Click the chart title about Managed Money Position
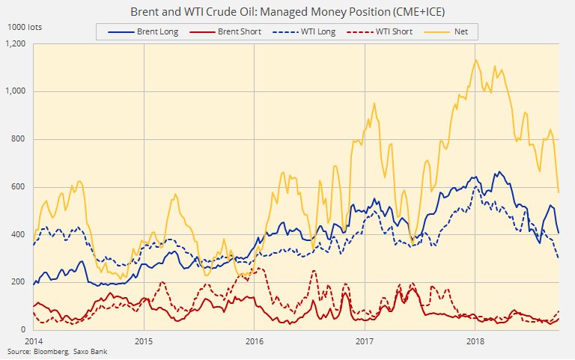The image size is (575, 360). [287, 12]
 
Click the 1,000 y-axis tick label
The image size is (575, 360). [15, 91]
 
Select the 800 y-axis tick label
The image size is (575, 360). [19, 139]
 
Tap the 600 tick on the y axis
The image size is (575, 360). [19, 186]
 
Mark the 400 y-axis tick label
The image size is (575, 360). [19, 234]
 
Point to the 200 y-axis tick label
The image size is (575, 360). [19, 282]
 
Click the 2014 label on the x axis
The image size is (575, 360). [34, 341]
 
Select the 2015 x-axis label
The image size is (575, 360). [144, 341]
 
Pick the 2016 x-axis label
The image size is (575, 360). [255, 341]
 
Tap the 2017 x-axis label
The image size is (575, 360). [365, 341]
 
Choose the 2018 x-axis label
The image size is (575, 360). [475, 341]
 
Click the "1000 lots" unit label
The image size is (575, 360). [24, 27]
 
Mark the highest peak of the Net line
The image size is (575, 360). [476, 60]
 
